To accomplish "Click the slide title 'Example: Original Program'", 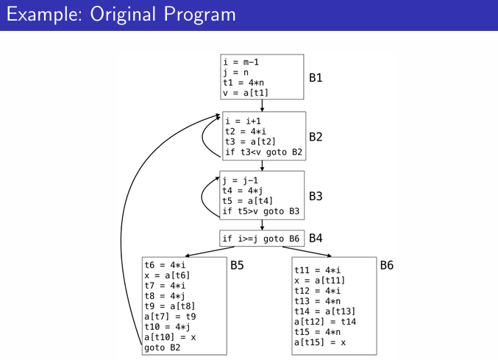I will [121, 15].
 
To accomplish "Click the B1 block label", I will [316, 77].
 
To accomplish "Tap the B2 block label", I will [316, 137].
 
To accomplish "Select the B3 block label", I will [316, 197].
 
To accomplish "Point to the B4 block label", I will [316, 238].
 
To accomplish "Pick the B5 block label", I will [238, 265].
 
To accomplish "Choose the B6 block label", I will [387, 265].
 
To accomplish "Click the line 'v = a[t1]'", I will [246, 93].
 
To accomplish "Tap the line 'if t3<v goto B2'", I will [263, 152].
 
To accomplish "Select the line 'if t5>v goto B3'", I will [260, 211].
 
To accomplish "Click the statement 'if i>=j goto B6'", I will [260, 239].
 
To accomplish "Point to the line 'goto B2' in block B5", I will [163, 347].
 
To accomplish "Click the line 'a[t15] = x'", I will [320, 342].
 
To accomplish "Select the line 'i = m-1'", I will [241, 62].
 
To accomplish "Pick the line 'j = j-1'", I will [239, 180].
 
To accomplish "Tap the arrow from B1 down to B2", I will [262, 105].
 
